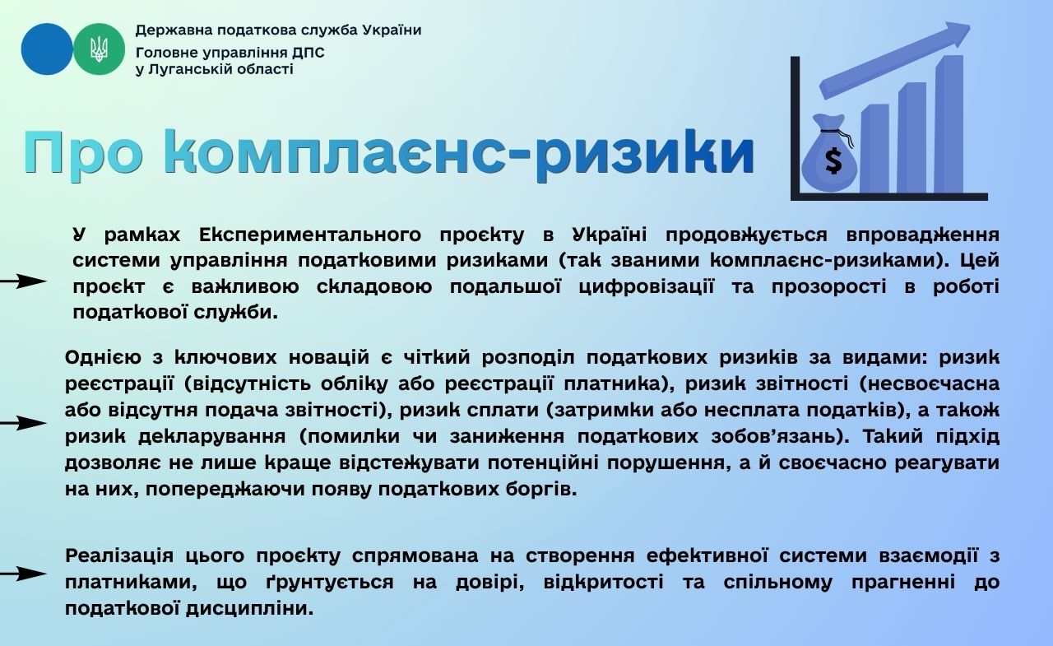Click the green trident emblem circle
[99, 49]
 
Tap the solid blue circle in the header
[47, 49]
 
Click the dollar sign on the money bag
[833, 160]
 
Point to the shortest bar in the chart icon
[874, 149]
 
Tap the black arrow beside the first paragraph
[24, 281]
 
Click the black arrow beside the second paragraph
[24, 423]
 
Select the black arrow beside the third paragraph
[24, 574]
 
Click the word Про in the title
[83, 154]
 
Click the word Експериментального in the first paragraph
[310, 235]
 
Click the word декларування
[212, 437]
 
